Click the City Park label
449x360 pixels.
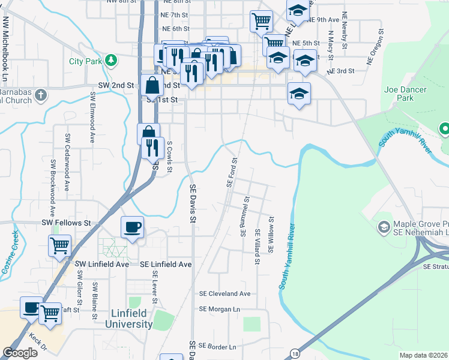click(85, 61)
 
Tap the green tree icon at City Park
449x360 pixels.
click(110, 61)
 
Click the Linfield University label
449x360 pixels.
click(133, 319)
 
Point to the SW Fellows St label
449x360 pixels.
click(65, 223)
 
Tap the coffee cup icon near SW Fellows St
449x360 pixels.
click(132, 227)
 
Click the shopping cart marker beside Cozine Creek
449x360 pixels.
click(59, 245)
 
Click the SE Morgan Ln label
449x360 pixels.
click(219, 309)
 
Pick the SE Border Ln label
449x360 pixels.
click(217, 347)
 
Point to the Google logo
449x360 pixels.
click(20, 352)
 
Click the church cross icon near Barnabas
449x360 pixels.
click(40, 95)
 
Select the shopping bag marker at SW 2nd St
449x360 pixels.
click(152, 86)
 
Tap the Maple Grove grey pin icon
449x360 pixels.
click(384, 227)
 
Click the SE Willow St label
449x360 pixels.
click(271, 235)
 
